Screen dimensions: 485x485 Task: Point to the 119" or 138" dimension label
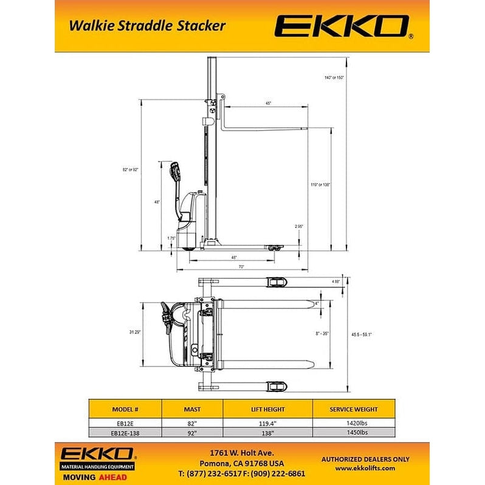tap(320, 184)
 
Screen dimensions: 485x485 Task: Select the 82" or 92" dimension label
tap(130, 170)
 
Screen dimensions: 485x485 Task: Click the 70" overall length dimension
tap(241, 267)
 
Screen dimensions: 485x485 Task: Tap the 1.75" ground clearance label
tap(171, 239)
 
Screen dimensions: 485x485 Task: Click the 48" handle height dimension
tap(157, 202)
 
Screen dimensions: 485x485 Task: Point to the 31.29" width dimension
tap(135, 332)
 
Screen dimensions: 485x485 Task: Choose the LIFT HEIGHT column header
tap(267, 409)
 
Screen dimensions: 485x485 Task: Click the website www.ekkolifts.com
tap(365, 468)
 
